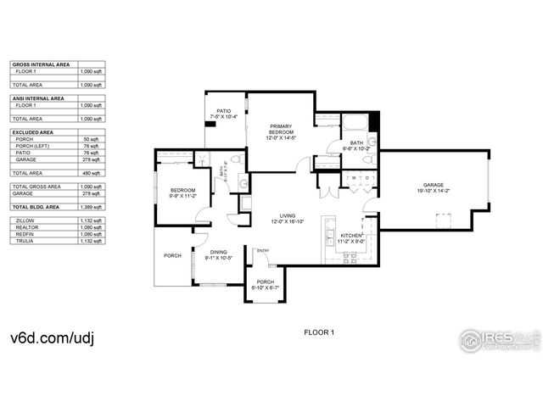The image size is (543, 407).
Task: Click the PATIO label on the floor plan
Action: (224, 111)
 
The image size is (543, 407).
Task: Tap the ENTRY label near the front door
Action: (263, 250)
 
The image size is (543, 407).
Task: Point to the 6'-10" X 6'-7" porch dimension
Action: (266, 288)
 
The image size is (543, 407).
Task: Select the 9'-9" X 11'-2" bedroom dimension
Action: (182, 196)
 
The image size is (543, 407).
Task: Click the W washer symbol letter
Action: (346, 178)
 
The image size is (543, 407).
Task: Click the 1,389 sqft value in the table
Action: (90, 207)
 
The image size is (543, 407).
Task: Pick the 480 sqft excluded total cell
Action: (92, 173)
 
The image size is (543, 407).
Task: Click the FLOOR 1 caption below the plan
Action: (319, 332)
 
